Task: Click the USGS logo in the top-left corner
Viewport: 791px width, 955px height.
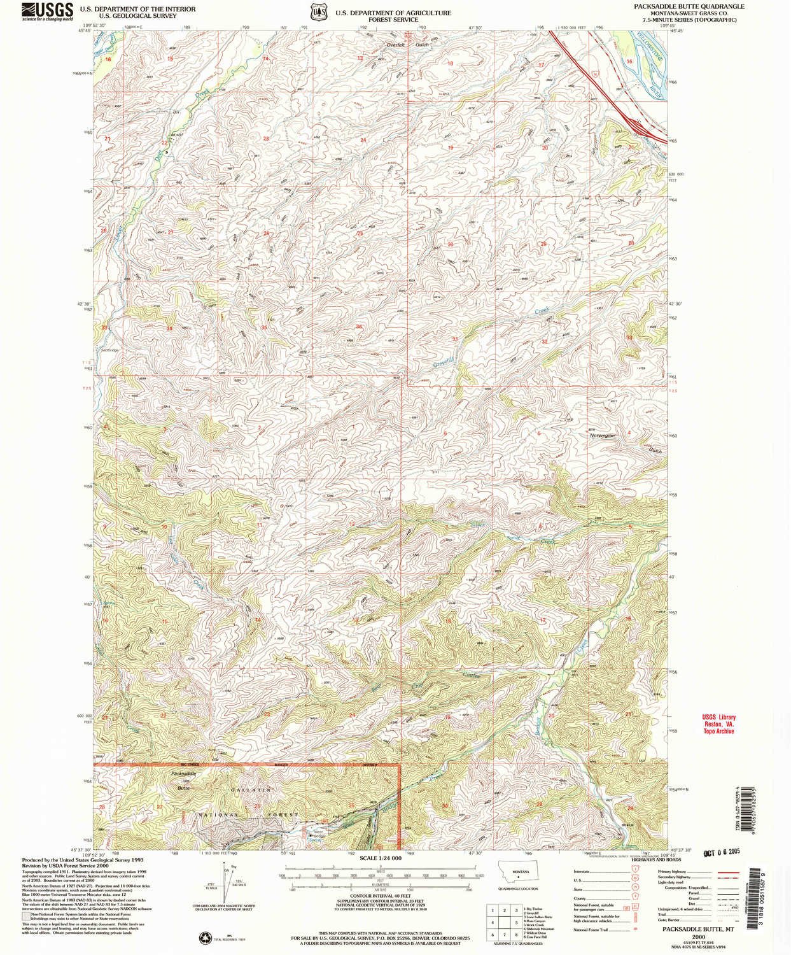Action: tap(46, 11)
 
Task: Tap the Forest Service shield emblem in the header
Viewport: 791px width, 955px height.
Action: tap(316, 13)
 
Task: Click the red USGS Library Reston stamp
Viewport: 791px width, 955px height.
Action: tap(718, 724)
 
